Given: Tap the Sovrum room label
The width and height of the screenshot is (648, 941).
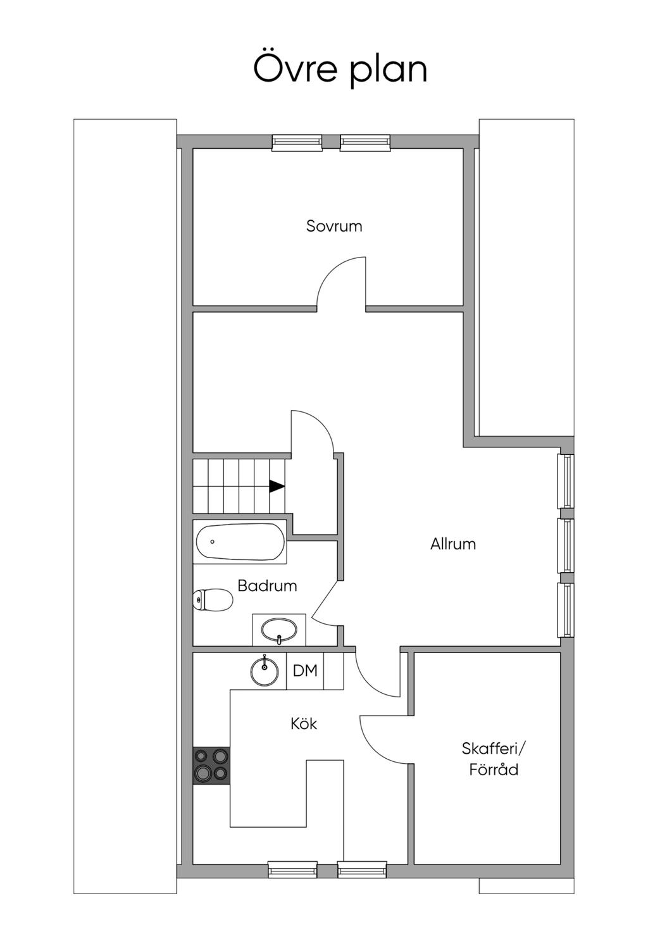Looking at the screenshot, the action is tap(329, 223).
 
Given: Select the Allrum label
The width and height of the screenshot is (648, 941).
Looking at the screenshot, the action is tap(446, 535).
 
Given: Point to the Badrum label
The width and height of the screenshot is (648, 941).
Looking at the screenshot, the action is tap(263, 576).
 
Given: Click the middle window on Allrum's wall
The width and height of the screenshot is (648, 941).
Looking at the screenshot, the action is tap(557, 537).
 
